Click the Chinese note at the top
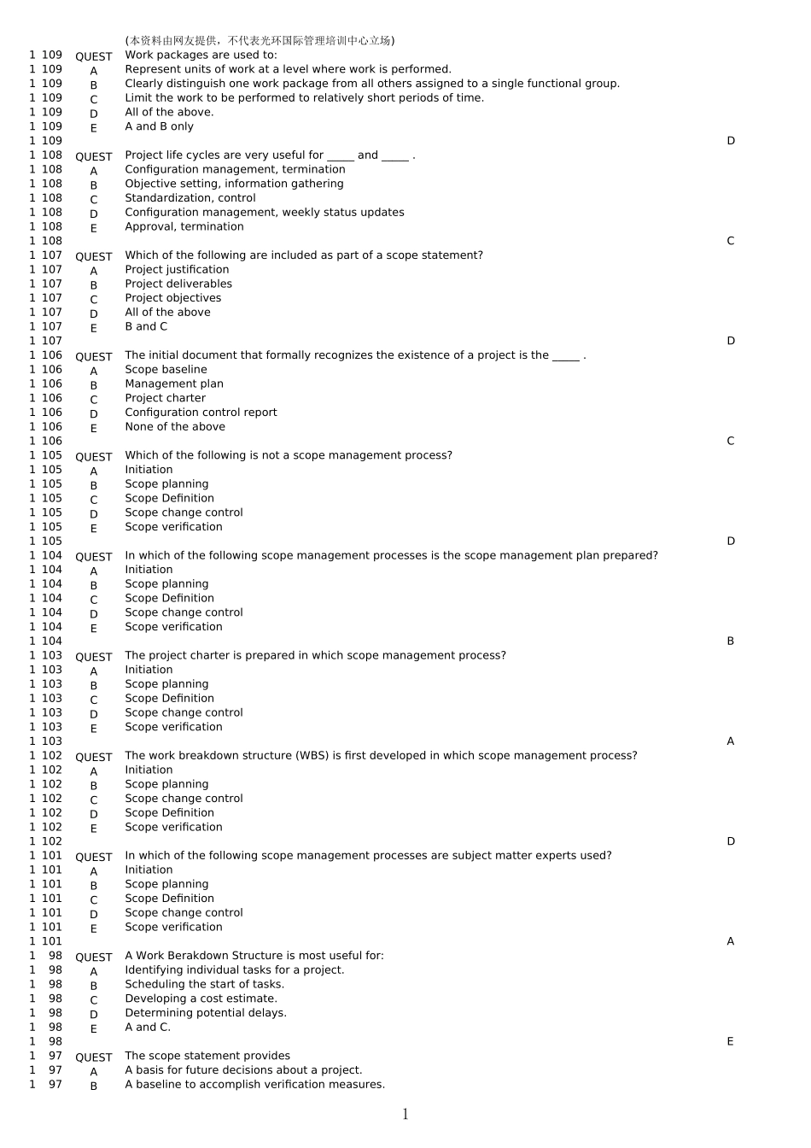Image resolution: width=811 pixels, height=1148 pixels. pyautogui.click(x=260, y=40)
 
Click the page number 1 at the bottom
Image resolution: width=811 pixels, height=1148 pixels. pyautogui.click(x=405, y=1114)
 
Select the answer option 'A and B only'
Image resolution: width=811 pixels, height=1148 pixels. pyautogui.click(x=159, y=126)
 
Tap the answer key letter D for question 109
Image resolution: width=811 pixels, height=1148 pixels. pyautogui.click(x=731, y=141)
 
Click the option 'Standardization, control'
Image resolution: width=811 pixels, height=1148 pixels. pyautogui.click(x=190, y=198)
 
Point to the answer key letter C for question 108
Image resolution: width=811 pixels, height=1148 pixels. pyautogui.click(x=731, y=241)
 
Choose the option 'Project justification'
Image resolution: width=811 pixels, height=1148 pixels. pyautogui.click(x=177, y=270)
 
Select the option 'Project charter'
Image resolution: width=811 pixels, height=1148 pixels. pyautogui.click(x=165, y=398)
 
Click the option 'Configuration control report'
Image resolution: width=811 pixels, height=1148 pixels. pyautogui.click(x=201, y=413)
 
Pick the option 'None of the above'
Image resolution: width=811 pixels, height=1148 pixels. pyautogui.click(x=175, y=427)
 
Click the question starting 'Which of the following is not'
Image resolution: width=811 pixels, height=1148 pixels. pyautogui.click(x=289, y=455)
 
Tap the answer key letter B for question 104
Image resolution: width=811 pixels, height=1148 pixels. pyautogui.click(x=731, y=641)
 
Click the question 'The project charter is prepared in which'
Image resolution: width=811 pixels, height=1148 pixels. pyautogui.click(x=315, y=656)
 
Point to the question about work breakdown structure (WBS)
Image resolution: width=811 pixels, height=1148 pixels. pyautogui.click(x=381, y=756)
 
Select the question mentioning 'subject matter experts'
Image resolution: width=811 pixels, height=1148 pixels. pyautogui.click(x=368, y=856)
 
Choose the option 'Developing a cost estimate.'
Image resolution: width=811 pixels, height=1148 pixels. pyautogui.click(x=201, y=999)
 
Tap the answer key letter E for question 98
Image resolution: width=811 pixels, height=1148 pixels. pyautogui.click(x=731, y=1041)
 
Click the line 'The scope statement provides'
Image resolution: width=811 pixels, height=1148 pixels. pyautogui.click(x=207, y=1056)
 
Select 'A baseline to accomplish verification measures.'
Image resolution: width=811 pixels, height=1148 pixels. pyautogui.click(x=254, y=1085)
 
